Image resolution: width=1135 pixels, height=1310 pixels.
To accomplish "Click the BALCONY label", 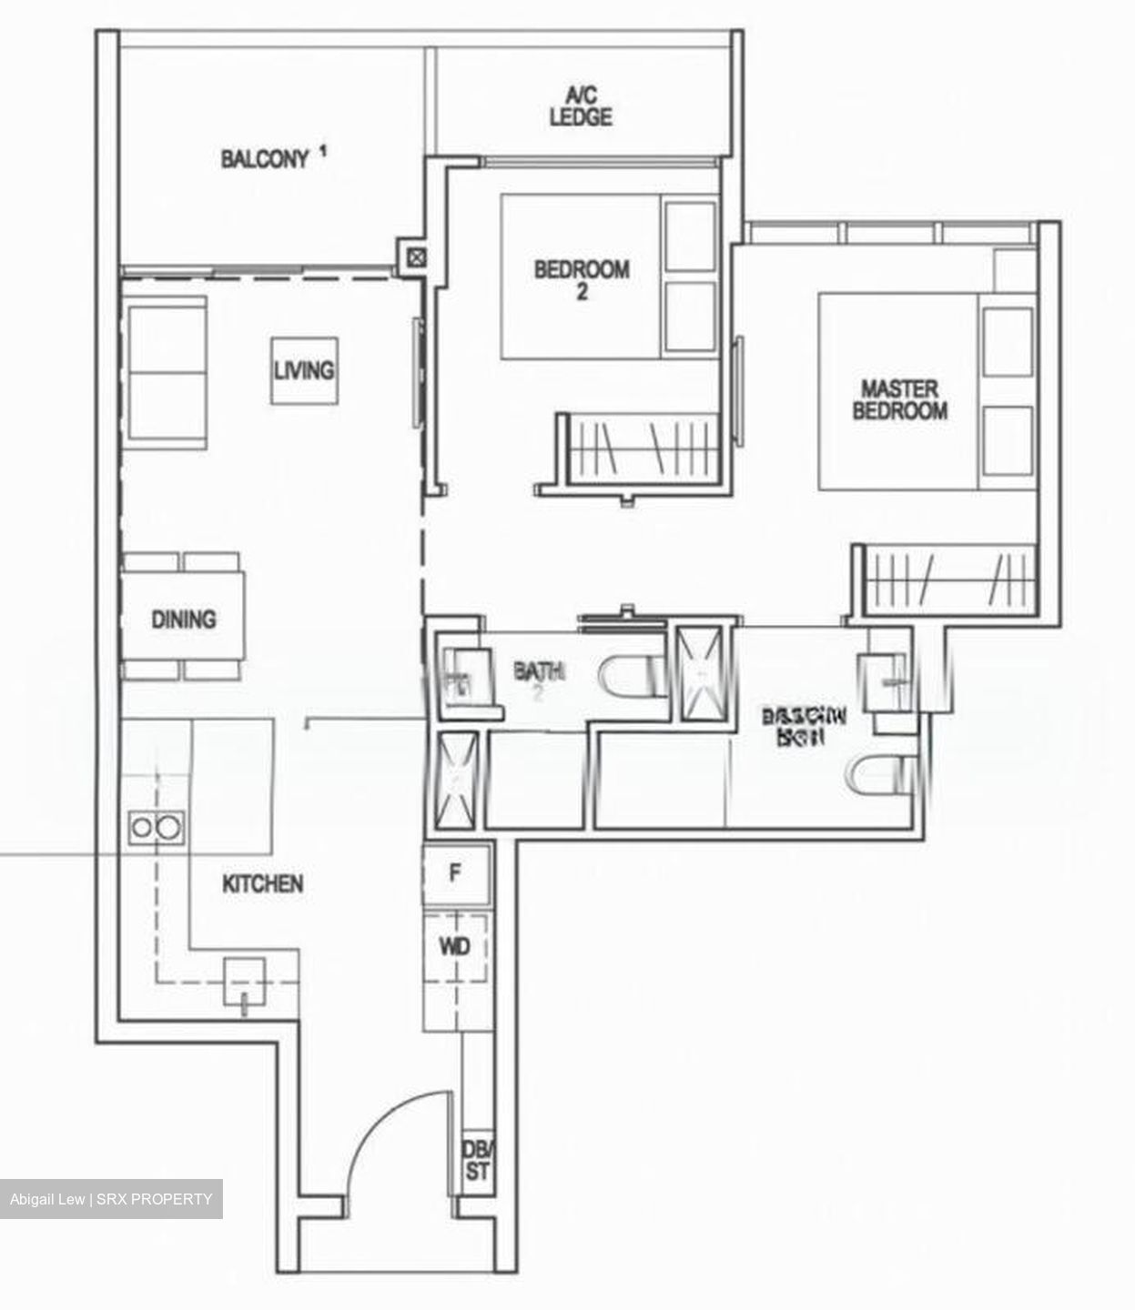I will (x=265, y=159).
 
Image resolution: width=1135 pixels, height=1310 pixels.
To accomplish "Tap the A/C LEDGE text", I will (x=581, y=106).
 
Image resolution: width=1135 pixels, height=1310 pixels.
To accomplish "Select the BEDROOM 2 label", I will (x=582, y=279).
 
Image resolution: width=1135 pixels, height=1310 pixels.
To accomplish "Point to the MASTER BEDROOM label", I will (x=899, y=400).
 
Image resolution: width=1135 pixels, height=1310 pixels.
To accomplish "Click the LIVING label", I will (x=304, y=370).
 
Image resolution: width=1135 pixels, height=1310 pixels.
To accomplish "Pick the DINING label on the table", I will (x=184, y=620).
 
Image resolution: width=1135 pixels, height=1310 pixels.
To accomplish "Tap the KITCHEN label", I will (x=263, y=883).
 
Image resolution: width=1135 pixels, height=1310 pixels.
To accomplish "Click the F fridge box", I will (x=456, y=873).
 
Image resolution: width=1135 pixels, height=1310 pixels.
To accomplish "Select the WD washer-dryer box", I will (x=455, y=947).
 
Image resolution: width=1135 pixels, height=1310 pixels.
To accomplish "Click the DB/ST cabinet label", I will (x=476, y=1161).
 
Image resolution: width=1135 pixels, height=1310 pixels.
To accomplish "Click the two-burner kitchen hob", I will (x=156, y=827).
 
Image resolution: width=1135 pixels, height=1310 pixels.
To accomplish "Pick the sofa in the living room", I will (x=167, y=373).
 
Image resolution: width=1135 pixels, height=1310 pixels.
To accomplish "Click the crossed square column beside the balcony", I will (x=416, y=257).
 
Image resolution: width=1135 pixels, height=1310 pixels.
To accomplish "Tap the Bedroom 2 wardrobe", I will (x=642, y=448).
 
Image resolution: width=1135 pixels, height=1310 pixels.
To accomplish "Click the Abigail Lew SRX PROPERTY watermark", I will (x=111, y=1199).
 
